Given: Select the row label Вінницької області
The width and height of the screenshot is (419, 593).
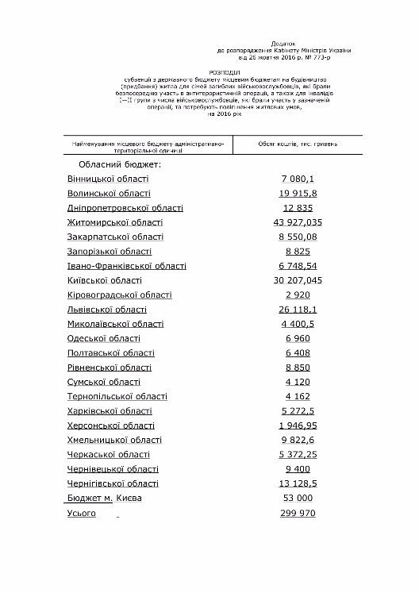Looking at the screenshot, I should (108, 179).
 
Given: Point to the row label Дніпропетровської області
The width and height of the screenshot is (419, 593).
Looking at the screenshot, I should (125, 208).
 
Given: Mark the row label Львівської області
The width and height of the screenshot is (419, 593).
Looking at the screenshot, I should (107, 310).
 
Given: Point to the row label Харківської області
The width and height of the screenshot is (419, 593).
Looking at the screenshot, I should (109, 411).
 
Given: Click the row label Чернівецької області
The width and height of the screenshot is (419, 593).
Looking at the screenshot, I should (113, 469).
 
